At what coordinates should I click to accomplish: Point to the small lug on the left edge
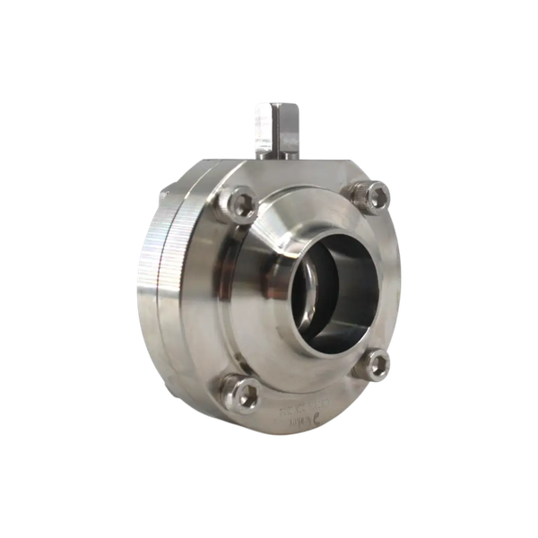(x=162, y=195)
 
